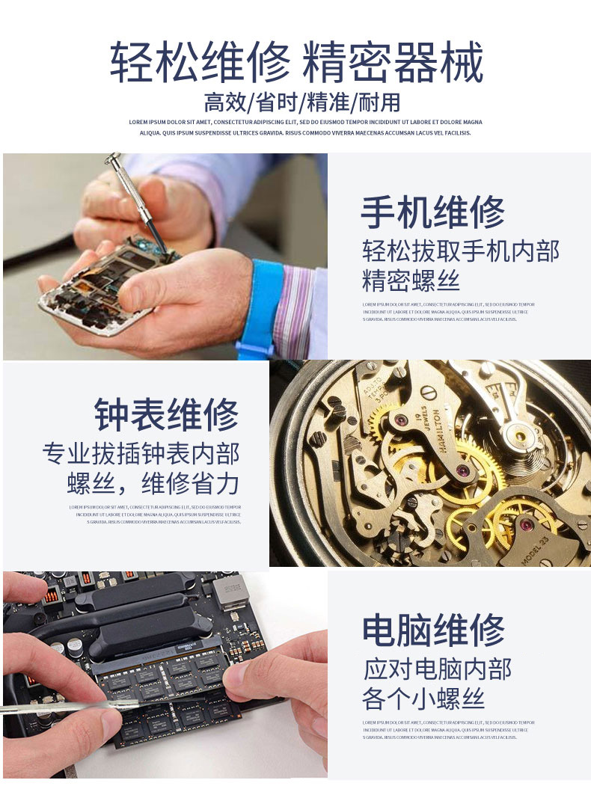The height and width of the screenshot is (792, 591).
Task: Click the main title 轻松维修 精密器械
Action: click(x=297, y=63)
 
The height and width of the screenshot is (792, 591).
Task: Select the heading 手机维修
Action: click(x=432, y=212)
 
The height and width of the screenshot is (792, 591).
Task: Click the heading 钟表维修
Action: click(x=166, y=415)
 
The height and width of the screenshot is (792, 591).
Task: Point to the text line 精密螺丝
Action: click(x=411, y=281)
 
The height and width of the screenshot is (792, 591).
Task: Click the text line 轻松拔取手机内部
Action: click(x=460, y=251)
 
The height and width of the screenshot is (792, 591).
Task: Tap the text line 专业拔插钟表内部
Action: click(x=141, y=454)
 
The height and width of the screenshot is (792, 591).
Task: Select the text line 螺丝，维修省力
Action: click(x=153, y=484)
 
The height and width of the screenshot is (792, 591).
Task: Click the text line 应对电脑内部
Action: click(x=438, y=668)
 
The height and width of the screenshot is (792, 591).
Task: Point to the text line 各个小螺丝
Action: click(x=423, y=699)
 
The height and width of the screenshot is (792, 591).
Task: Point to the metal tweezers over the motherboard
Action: click(x=67, y=705)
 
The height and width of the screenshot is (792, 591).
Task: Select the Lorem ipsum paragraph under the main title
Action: click(x=305, y=127)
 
